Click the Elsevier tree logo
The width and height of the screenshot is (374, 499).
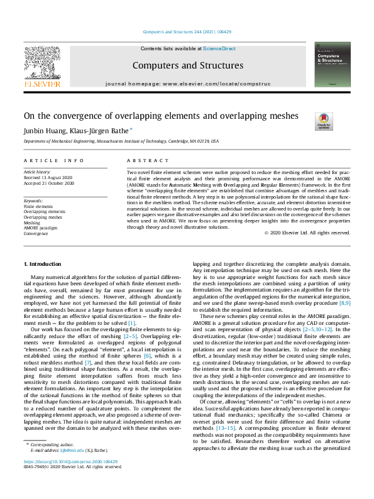(42, 65)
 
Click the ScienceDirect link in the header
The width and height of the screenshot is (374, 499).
(219, 48)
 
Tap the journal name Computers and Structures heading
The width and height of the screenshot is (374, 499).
(187, 65)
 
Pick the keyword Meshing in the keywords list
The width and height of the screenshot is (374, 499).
(31, 222)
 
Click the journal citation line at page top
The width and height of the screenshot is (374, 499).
(187, 31)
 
